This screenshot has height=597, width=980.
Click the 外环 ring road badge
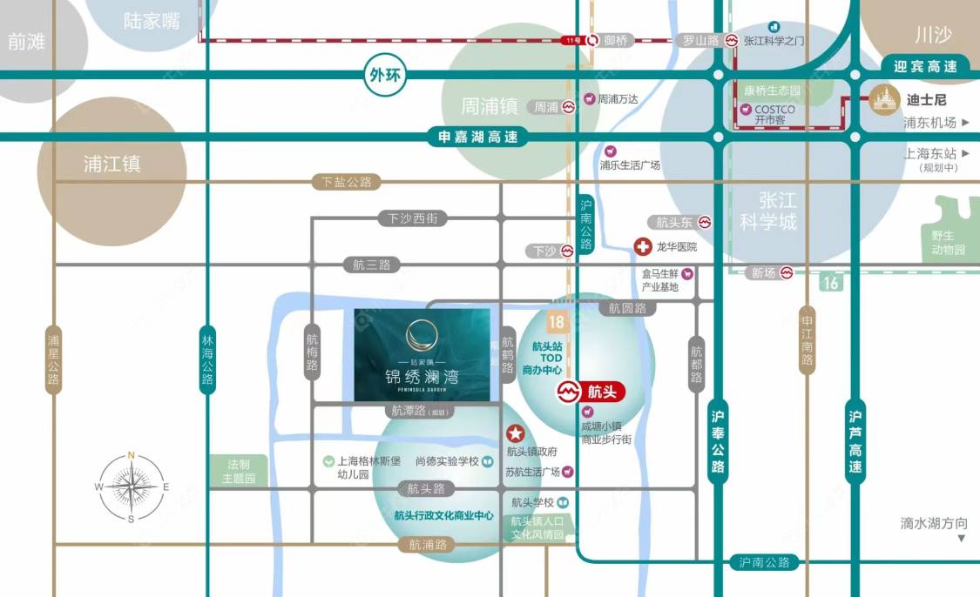[x=384, y=75]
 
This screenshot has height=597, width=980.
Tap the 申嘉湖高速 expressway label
[x=477, y=137]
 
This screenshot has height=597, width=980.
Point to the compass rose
[x=132, y=487]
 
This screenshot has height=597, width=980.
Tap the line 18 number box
[x=556, y=322]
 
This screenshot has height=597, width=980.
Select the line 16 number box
[x=831, y=282]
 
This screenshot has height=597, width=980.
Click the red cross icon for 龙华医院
[x=643, y=246]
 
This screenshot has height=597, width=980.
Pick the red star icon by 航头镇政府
[x=515, y=433]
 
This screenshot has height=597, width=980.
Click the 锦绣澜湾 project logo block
[x=422, y=355]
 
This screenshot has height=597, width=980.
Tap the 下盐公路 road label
[x=346, y=182]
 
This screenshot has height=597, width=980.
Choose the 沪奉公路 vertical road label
[x=718, y=441]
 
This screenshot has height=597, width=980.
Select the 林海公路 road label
[x=207, y=359]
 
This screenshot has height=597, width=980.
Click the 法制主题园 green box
[x=239, y=472]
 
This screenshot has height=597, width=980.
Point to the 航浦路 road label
[x=428, y=545]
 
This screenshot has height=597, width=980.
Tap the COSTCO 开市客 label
[x=767, y=114]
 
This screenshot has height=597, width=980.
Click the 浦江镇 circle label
[x=112, y=164]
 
